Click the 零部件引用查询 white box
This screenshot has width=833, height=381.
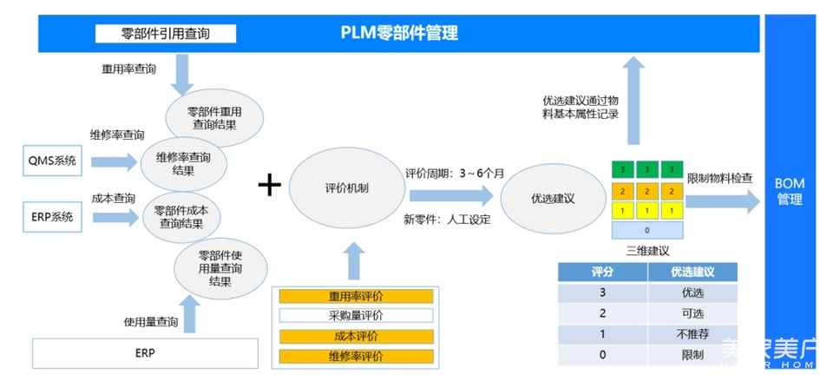[165, 34]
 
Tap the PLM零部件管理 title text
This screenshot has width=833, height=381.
[399, 34]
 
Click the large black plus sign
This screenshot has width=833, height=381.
[270, 185]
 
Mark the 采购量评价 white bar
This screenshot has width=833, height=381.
[356, 316]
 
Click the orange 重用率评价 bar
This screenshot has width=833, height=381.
[356, 296]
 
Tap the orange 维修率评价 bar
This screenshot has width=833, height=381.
[356, 356]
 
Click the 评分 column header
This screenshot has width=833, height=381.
[603, 272]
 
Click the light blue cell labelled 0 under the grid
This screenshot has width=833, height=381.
[646, 231]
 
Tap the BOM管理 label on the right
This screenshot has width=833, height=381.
[789, 191]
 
